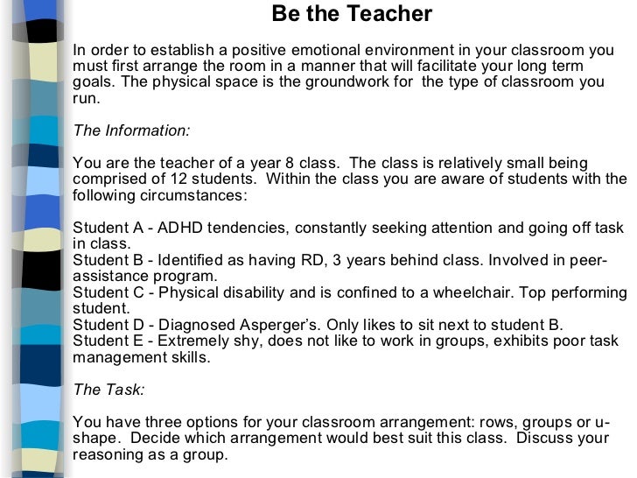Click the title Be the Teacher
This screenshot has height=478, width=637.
tap(352, 14)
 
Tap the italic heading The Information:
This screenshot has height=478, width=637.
tap(131, 130)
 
